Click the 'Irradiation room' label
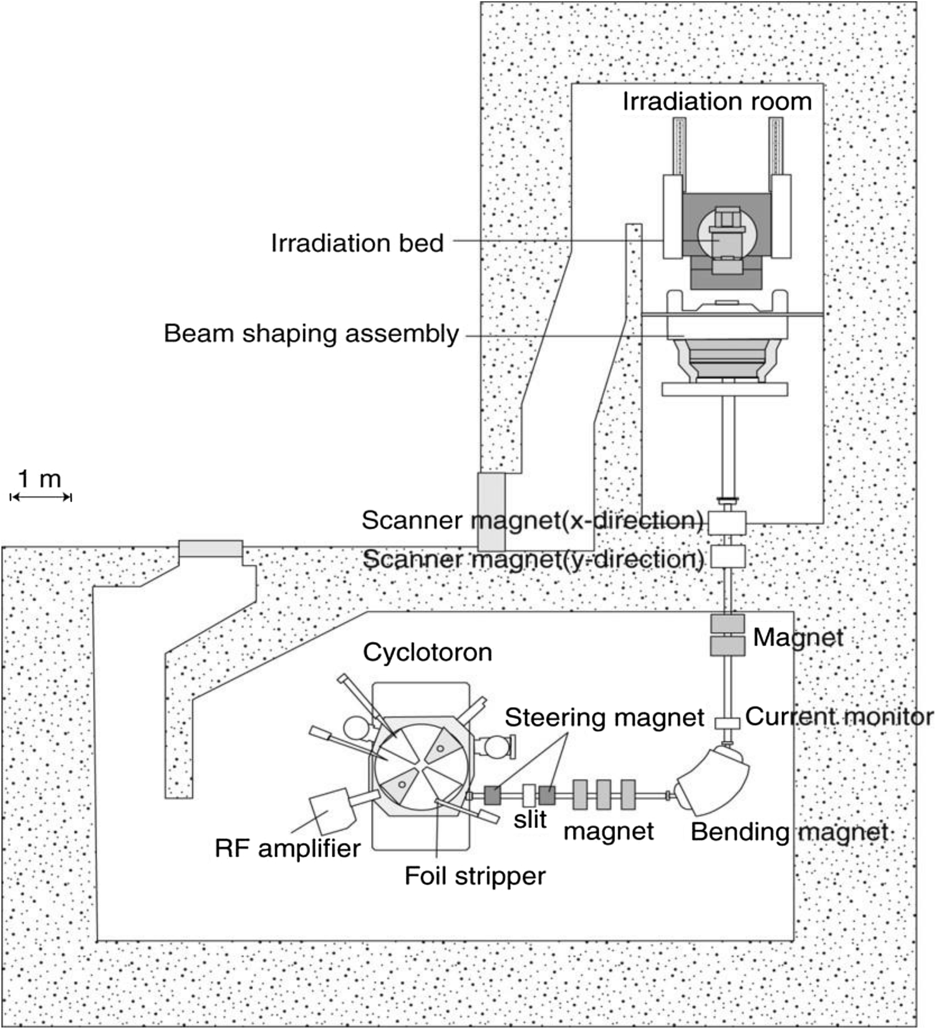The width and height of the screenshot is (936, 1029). click(717, 101)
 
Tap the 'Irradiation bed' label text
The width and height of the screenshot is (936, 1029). click(357, 243)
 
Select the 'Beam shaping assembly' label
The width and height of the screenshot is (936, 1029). click(311, 333)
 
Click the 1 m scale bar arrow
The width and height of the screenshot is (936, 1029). click(41, 497)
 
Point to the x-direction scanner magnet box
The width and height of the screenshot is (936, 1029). click(727, 522)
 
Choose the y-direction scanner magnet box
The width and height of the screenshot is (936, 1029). click(727, 556)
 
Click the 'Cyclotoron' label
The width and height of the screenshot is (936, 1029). click(427, 652)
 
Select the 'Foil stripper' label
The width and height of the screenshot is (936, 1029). click(475, 875)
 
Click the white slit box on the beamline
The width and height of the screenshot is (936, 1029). click(529, 794)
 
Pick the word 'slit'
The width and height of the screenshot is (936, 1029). click(530, 819)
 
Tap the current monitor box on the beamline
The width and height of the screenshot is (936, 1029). click(727, 723)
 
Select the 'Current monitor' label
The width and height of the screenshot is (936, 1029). click(839, 716)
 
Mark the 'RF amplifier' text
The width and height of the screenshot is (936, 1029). click(287, 848)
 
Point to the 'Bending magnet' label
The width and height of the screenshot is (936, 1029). click(789, 832)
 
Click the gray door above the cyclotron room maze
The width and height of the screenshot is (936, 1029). click(210, 549)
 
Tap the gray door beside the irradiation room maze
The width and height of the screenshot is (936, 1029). click(491, 512)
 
